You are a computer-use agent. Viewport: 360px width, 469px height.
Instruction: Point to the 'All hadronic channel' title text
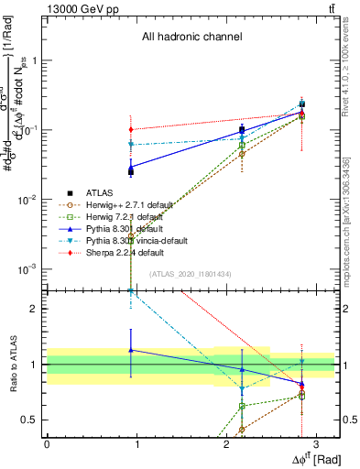click(191, 38)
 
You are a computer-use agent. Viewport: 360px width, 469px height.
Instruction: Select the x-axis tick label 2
click(225, 443)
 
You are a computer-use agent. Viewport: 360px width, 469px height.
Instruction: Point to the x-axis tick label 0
click(47, 443)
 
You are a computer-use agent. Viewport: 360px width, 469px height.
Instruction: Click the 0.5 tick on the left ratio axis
click(32, 420)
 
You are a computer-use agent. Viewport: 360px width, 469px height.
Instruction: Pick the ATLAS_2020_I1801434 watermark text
click(191, 274)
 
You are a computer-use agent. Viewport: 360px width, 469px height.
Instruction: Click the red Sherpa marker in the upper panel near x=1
click(132, 129)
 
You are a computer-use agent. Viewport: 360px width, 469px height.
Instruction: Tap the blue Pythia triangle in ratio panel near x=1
click(132, 350)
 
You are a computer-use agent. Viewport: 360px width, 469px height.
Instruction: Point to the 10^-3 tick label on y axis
click(28, 269)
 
